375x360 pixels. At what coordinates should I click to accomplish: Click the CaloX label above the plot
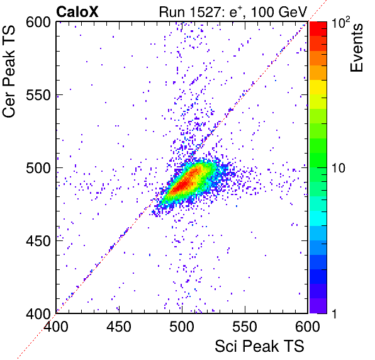click(77, 12)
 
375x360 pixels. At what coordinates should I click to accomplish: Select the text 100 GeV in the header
click(279, 12)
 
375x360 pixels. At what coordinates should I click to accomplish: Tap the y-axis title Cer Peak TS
click(9, 71)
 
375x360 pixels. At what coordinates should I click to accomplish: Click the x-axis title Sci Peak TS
click(259, 346)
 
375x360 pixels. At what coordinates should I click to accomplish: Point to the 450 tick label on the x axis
click(119, 327)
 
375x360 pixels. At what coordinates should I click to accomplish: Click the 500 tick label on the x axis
click(182, 327)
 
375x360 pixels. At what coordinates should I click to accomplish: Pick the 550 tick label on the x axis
click(245, 327)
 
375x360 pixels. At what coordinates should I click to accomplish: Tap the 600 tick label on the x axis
click(308, 327)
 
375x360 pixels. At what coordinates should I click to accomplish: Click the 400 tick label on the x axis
click(56, 327)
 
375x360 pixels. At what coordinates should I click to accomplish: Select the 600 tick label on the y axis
click(38, 23)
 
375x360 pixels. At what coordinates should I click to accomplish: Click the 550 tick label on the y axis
click(38, 96)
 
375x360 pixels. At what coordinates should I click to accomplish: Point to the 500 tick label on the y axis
click(38, 169)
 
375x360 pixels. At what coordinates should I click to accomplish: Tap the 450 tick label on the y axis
click(38, 241)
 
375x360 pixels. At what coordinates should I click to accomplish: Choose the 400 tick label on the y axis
click(38, 314)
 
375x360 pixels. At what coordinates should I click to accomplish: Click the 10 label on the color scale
click(339, 169)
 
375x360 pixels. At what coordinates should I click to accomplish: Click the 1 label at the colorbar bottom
click(335, 314)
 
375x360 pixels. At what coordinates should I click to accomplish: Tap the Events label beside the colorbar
click(357, 48)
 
